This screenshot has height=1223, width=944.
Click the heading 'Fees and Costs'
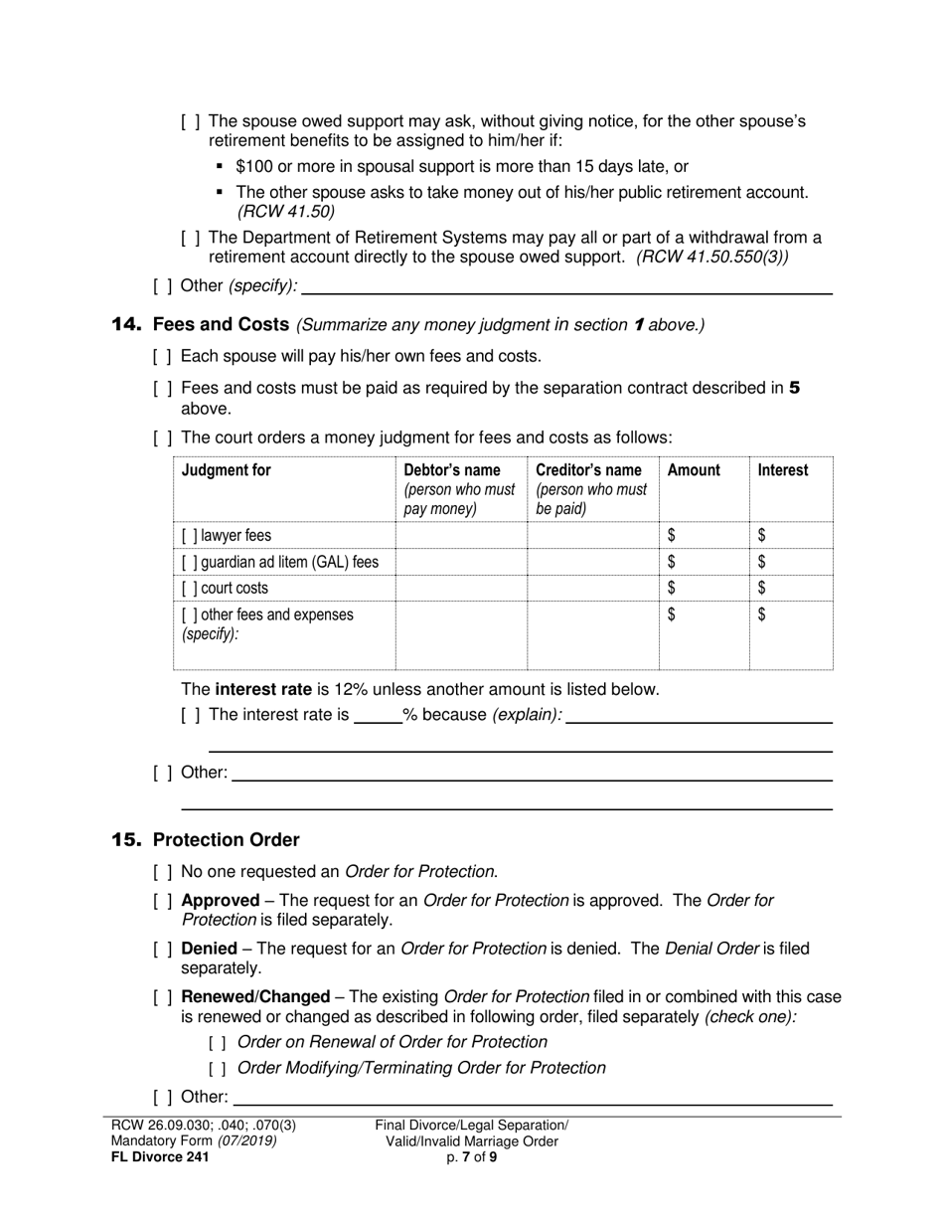coord(221,325)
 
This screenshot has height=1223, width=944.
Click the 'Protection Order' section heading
coord(226,840)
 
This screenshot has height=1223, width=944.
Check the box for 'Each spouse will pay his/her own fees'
coord(163,356)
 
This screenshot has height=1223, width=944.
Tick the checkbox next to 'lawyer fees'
coord(189,536)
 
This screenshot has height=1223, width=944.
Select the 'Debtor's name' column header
coord(451,470)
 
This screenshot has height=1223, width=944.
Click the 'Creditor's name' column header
coord(588,470)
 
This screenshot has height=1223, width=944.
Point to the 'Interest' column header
coord(783,470)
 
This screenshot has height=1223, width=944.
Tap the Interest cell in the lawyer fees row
coord(790,536)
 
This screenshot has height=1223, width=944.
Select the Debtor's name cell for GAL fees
coord(461,562)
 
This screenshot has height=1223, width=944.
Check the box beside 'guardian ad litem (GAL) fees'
coord(189,562)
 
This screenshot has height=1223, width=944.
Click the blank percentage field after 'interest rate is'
coord(378,715)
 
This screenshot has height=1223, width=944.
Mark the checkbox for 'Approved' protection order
coord(163,901)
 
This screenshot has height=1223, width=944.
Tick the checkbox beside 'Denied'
coord(163,950)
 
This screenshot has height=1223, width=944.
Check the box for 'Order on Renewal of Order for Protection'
coord(218,1043)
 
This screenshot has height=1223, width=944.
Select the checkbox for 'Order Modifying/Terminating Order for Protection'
coord(218,1069)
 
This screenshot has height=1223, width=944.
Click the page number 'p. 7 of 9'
coord(472,1157)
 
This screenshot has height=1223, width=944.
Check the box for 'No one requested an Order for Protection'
coord(163,872)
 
